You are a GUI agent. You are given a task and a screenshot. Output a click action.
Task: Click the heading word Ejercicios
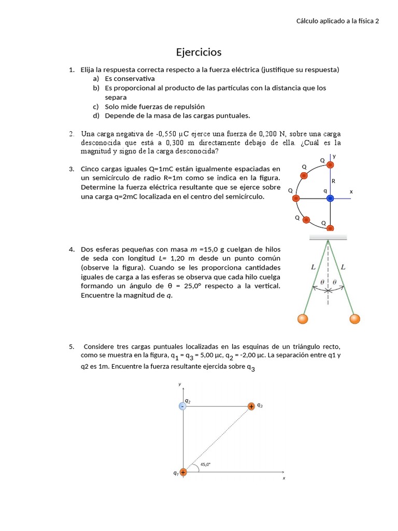coord(198,52)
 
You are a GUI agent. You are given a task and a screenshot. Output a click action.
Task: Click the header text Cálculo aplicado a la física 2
coord(337,21)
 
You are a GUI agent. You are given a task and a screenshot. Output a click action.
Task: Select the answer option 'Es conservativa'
coord(130,78)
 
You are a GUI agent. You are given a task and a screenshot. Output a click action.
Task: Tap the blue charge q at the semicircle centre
coord(330,198)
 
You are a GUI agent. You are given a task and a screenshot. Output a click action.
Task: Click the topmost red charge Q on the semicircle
coord(331,165)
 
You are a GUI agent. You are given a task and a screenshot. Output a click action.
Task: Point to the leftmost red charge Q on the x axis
coord(296,198)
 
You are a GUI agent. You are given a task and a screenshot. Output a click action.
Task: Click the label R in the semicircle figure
coord(333,181)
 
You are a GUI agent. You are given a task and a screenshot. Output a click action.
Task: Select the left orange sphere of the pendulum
coord(303,318)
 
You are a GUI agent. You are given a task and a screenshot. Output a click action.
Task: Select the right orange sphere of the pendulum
coord(354,318)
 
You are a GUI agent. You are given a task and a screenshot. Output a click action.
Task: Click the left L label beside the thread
coord(313,268)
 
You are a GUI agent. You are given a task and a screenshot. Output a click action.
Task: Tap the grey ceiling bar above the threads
coord(328,237)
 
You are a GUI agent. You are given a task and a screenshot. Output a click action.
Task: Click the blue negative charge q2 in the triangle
coord(182,406)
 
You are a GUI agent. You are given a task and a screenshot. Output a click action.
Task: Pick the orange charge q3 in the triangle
coord(251,407)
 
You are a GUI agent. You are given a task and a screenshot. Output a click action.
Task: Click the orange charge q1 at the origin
coord(183,472)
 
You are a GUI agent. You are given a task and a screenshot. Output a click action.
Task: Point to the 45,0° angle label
coord(205,465)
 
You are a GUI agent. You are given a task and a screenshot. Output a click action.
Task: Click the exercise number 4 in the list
coord(72,249)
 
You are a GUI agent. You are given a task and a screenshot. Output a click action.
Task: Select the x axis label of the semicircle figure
coord(351,192)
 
